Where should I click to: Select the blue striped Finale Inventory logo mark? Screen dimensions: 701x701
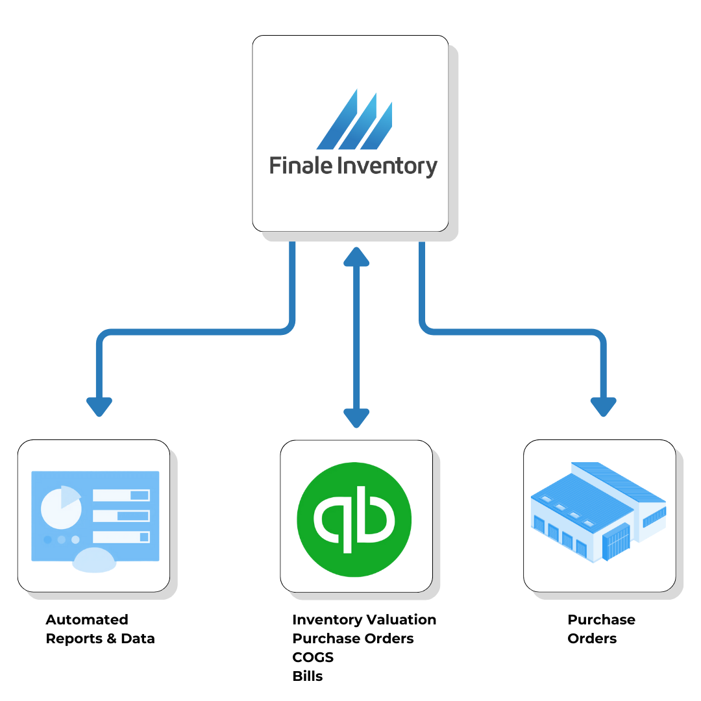pyautogui.click(x=354, y=120)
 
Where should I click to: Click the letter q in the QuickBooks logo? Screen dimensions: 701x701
pyautogui.click(x=332, y=521)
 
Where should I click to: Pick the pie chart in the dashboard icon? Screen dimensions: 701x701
pyautogui.click(x=62, y=508)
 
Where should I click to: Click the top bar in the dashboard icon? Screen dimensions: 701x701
pyautogui.click(x=121, y=495)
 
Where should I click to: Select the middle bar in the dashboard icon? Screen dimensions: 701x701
pyautogui.click(x=121, y=516)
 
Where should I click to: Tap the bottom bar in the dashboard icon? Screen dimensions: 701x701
pyautogui.click(x=121, y=537)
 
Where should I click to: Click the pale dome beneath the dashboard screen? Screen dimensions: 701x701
pyautogui.click(x=95, y=560)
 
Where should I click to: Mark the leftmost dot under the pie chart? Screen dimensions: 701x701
pyautogui.click(x=47, y=539)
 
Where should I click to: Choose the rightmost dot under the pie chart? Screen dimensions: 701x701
pyautogui.click(x=75, y=539)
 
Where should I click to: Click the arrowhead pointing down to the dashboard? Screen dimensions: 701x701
pyautogui.click(x=99, y=407)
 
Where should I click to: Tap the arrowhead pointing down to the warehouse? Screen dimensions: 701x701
pyautogui.click(x=603, y=407)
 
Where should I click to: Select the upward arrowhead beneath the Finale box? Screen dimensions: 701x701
pyautogui.click(x=356, y=256)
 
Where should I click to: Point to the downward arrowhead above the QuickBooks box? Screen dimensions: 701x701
pyautogui.click(x=356, y=419)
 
